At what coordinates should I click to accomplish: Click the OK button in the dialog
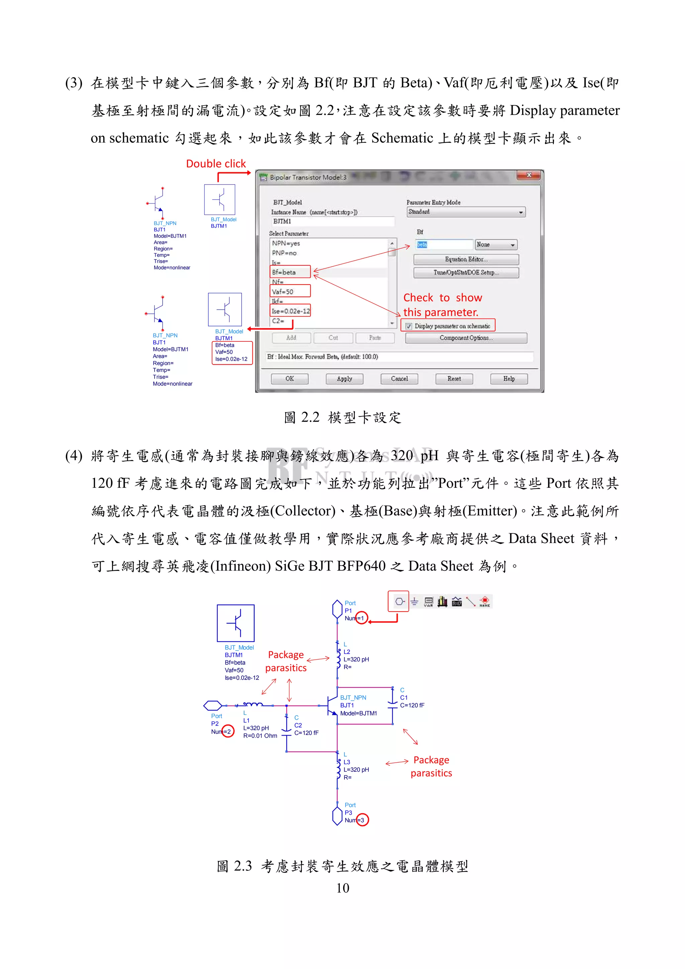(x=290, y=379)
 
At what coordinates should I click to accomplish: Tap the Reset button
(x=454, y=379)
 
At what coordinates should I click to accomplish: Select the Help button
(x=509, y=379)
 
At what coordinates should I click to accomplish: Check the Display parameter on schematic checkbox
(x=408, y=326)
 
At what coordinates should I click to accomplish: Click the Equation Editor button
(x=466, y=259)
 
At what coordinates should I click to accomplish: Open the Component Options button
(x=466, y=338)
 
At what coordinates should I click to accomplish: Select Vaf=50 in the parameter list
(x=283, y=292)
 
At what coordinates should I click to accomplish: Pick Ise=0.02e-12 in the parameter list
(x=290, y=311)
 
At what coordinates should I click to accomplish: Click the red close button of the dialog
(x=528, y=175)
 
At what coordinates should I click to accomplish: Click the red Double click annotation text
(x=216, y=164)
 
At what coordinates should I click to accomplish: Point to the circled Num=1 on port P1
(x=361, y=618)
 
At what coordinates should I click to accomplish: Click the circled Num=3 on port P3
(x=362, y=820)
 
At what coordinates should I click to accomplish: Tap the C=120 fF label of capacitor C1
(x=412, y=705)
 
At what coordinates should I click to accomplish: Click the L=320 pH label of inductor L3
(x=356, y=769)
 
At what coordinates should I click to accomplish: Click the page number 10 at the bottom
(x=342, y=888)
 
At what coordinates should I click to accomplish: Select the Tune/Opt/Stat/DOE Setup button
(x=466, y=273)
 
